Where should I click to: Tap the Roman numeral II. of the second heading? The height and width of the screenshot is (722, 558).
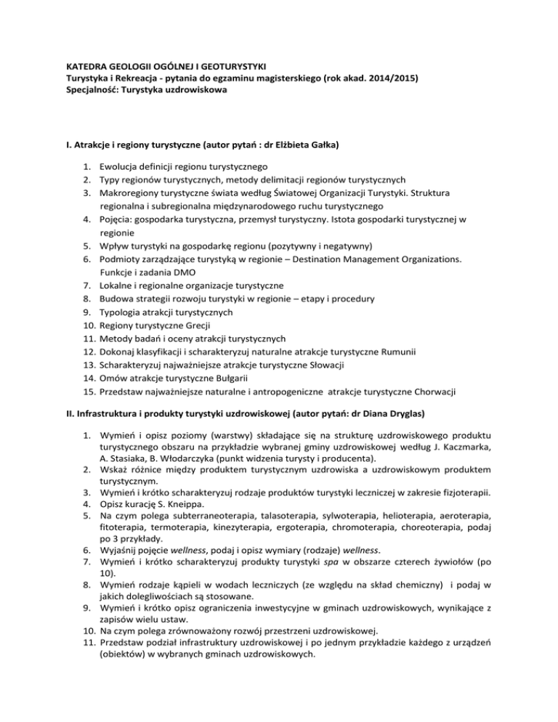(x=71, y=413)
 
